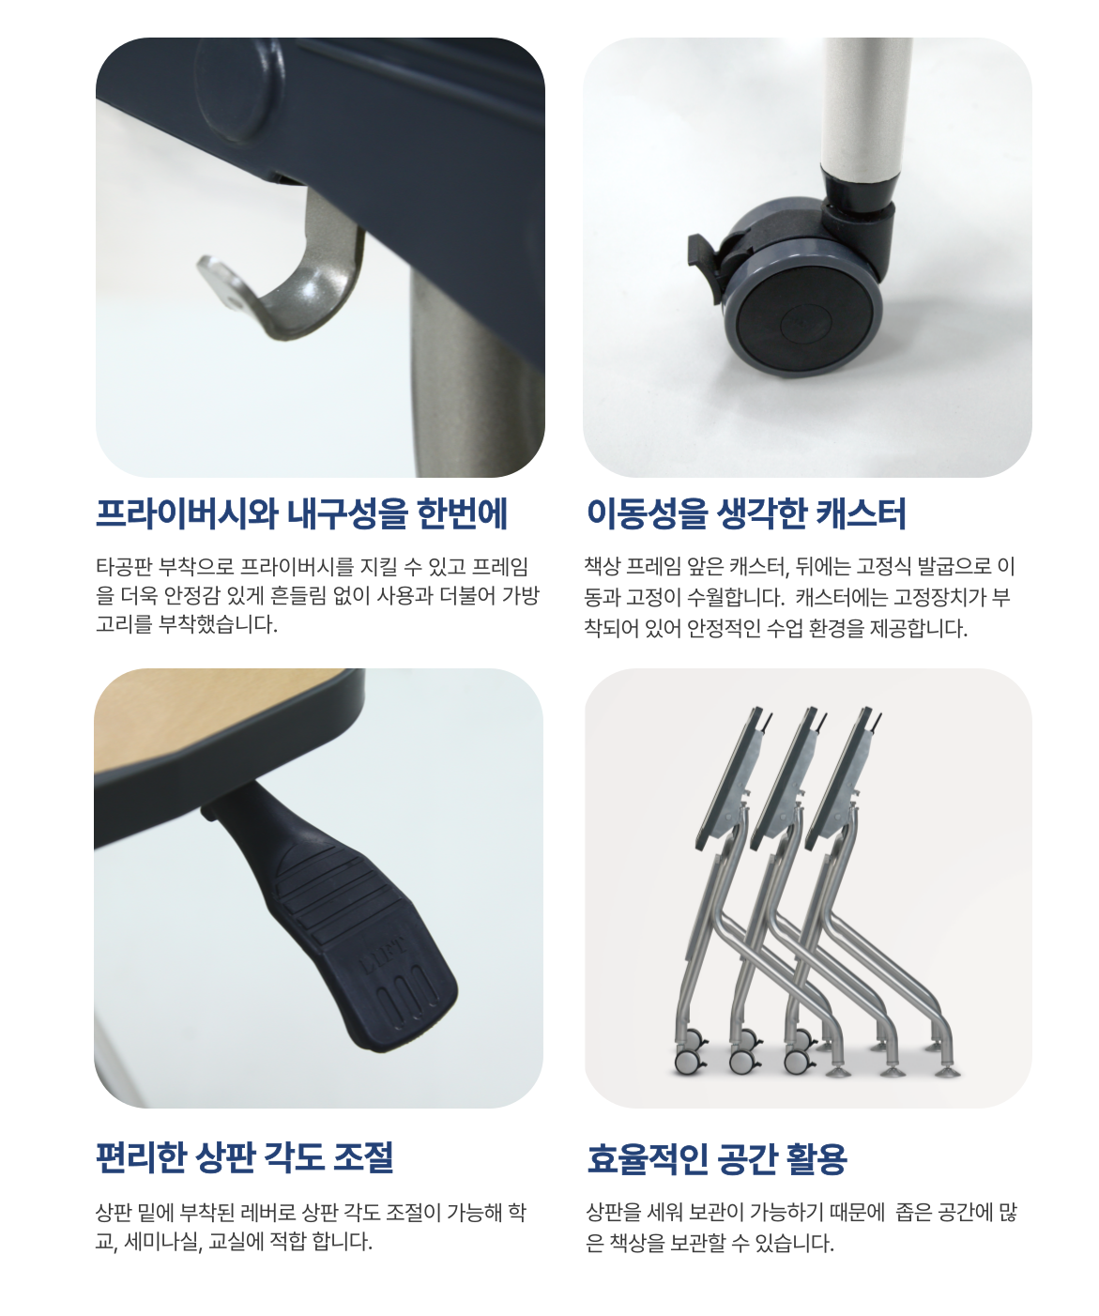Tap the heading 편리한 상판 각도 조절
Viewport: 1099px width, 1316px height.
pyautogui.click(x=245, y=1157)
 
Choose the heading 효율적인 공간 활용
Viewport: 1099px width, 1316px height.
pyautogui.click(x=716, y=1158)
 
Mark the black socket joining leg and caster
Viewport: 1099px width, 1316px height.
pyautogui.click(x=861, y=202)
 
